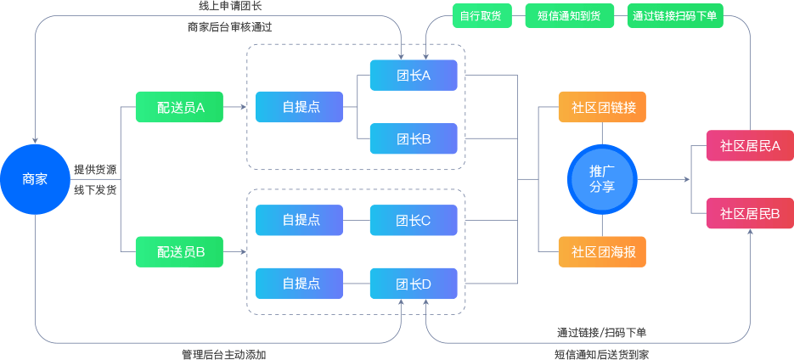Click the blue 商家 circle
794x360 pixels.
pos(35,179)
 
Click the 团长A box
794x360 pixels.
pos(414,75)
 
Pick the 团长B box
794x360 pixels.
pos(414,139)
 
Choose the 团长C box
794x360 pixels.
pos(414,220)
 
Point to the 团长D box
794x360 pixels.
pos(414,284)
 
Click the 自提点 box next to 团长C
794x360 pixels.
pos(300,220)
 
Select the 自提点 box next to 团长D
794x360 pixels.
pos(300,284)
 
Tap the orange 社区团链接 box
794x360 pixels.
pos(602,107)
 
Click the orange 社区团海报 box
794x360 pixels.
pos(602,251)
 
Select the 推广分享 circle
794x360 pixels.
pos(602,179)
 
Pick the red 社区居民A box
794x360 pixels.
pos(750,145)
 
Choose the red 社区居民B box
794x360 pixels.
pos(750,213)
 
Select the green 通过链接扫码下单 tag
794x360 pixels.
pos(675,15)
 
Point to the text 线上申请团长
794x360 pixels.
pos(230,7)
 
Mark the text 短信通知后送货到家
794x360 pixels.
pos(602,353)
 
